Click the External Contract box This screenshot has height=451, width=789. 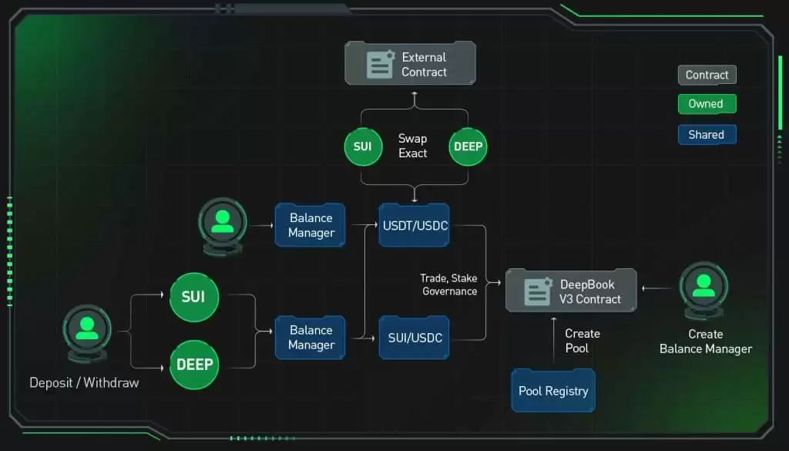(410, 63)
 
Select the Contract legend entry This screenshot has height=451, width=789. (707, 75)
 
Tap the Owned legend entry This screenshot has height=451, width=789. (707, 103)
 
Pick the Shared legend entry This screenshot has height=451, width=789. (707, 134)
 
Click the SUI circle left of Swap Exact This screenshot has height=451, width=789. (363, 146)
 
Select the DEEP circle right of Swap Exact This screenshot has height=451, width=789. (468, 146)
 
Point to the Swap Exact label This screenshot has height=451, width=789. (413, 146)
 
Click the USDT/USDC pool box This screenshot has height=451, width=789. (414, 225)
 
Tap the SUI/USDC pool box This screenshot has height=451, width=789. (414, 337)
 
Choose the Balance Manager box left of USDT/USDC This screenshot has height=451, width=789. (311, 225)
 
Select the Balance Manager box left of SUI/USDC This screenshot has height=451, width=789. (311, 337)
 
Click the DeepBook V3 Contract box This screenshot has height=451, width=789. (571, 291)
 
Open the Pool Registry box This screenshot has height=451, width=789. (553, 391)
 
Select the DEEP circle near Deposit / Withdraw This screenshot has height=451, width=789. (194, 365)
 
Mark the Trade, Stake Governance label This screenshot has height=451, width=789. (448, 284)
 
